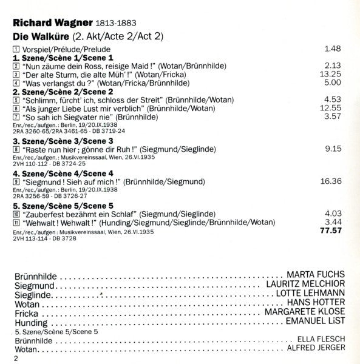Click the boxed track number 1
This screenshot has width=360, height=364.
[x=15, y=48]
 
